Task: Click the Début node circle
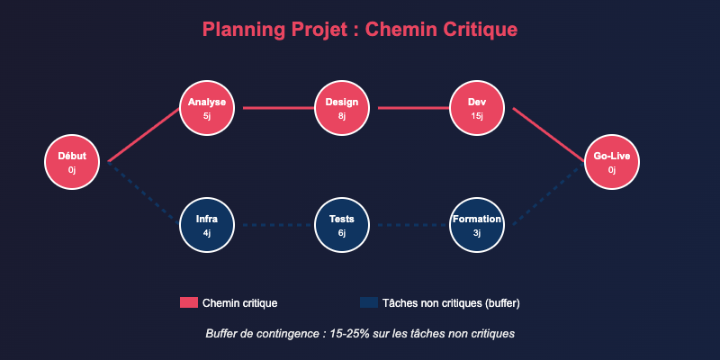click(72, 162)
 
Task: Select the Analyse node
click(207, 108)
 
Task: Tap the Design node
click(342, 108)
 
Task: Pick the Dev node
click(477, 108)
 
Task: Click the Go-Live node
click(612, 162)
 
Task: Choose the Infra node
click(207, 225)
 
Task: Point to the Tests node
click(342, 225)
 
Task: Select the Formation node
click(477, 225)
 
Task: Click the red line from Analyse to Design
click(274, 108)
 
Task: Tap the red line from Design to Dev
click(409, 108)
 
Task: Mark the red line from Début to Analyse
click(144, 135)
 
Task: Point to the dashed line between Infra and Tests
click(274, 225)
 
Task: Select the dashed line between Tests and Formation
click(409, 225)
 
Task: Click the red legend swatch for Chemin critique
click(188, 302)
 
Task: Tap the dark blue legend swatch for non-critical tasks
click(368, 302)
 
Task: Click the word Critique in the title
click(481, 30)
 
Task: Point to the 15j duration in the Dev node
click(477, 116)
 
